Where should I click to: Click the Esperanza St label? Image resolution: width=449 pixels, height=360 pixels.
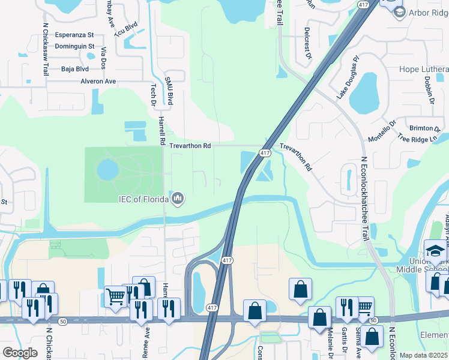coord(75,35)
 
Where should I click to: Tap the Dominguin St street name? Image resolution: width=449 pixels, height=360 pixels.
coord(75,46)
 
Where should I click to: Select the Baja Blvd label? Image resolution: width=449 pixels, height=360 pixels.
coord(74,69)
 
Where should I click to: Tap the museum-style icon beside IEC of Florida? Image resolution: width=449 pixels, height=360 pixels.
coord(177,198)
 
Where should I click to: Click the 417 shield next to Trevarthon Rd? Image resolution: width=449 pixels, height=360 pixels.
coord(264,153)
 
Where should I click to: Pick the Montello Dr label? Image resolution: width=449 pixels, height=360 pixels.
coord(382,131)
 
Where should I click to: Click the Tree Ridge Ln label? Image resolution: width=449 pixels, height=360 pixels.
coord(418,137)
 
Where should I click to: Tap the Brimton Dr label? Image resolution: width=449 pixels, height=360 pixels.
coord(424,128)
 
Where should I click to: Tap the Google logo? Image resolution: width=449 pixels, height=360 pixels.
coord(20,352)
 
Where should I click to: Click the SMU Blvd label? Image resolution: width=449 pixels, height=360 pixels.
coord(170,90)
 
